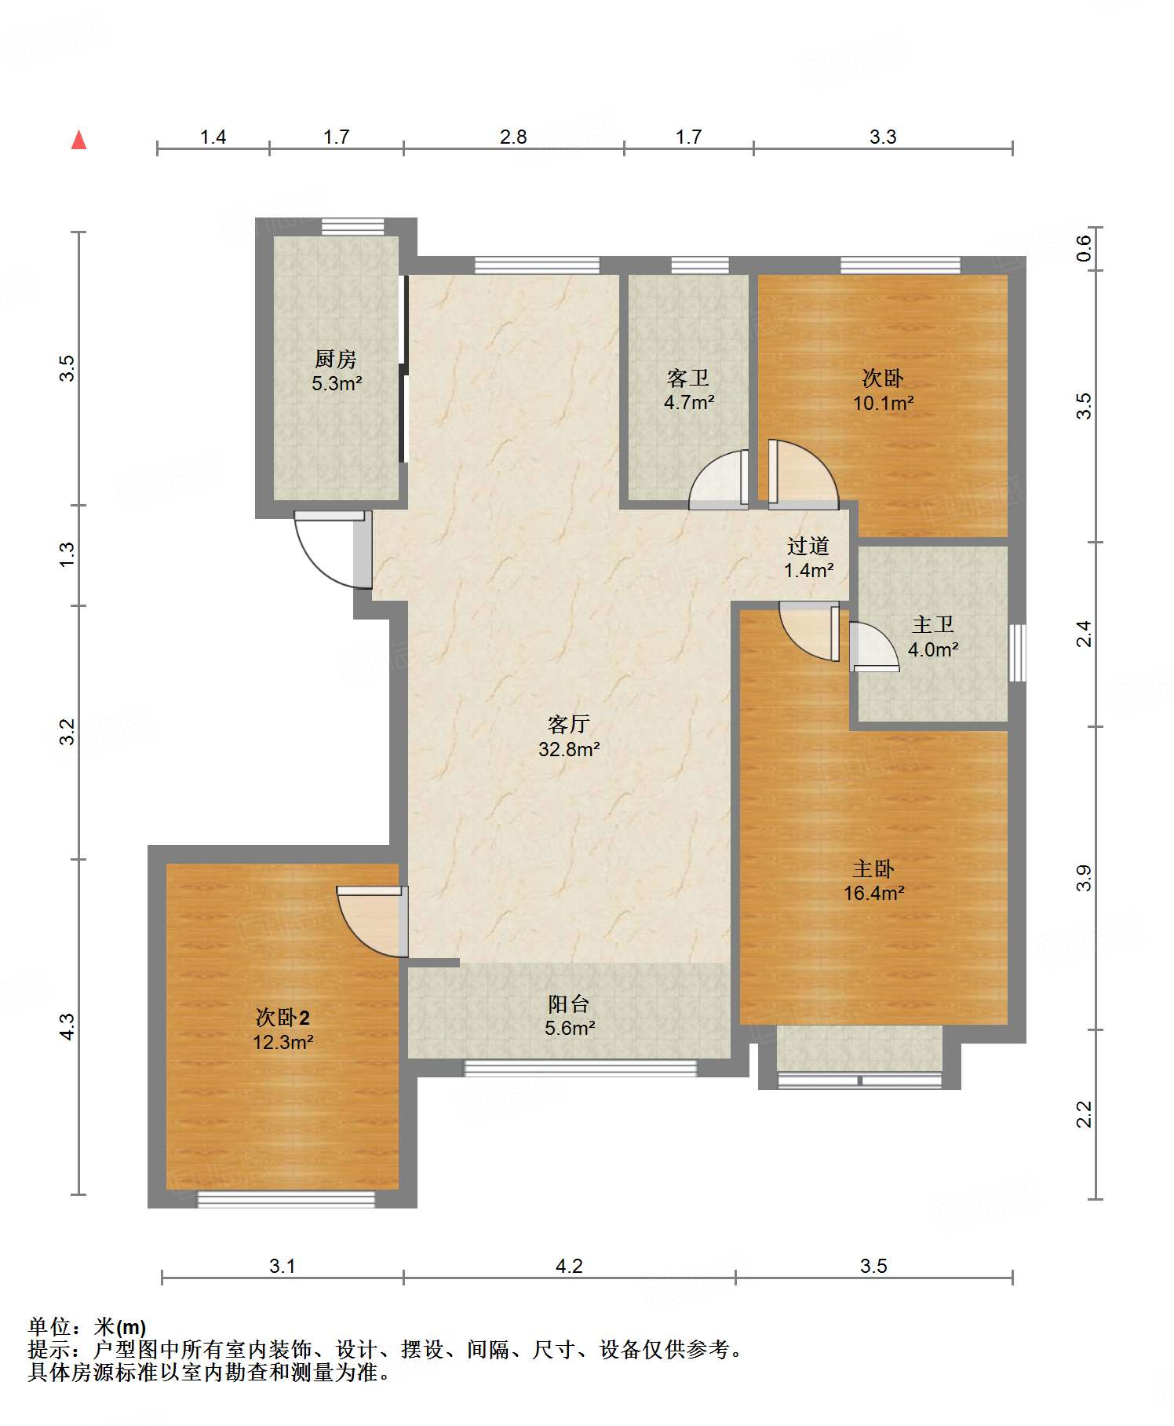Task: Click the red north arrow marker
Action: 78,140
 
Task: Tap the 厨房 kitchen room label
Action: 336,359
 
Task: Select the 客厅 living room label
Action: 569,724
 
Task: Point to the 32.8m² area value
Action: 569,749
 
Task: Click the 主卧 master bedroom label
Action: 873,868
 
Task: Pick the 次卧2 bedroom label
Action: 283,1018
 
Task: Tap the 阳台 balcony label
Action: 569,1004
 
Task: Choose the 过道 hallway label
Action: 808,546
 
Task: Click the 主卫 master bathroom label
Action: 933,624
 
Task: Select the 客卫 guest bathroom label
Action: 688,378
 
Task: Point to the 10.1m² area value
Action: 884,404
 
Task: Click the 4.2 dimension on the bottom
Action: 569,1266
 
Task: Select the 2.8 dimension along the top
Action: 513,137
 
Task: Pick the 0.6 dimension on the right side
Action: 1084,249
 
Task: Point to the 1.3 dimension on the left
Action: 68,555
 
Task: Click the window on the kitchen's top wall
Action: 353,226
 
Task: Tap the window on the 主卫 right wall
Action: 1017,653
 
